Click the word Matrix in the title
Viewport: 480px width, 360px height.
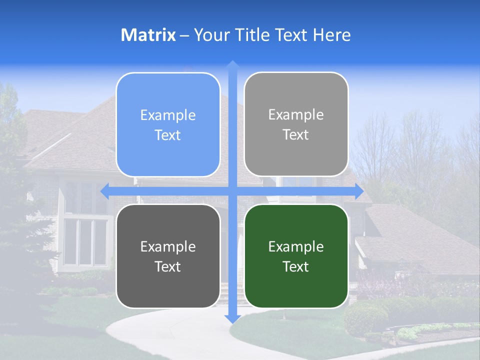(148, 35)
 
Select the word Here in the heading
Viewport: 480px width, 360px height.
(332, 35)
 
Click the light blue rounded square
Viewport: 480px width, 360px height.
(168, 124)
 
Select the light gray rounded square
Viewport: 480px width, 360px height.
(296, 124)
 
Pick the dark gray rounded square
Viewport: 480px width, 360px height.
(168, 256)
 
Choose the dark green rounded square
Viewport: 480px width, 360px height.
(296, 256)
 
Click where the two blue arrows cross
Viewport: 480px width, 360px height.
(232, 190)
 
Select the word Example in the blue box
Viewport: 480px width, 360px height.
(168, 115)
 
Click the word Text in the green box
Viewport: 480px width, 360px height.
(296, 266)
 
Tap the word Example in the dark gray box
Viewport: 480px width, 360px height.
(168, 246)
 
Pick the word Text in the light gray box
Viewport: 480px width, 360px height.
(296, 134)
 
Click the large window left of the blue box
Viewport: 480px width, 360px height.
(85, 240)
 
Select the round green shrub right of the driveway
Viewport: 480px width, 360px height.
(365, 317)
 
